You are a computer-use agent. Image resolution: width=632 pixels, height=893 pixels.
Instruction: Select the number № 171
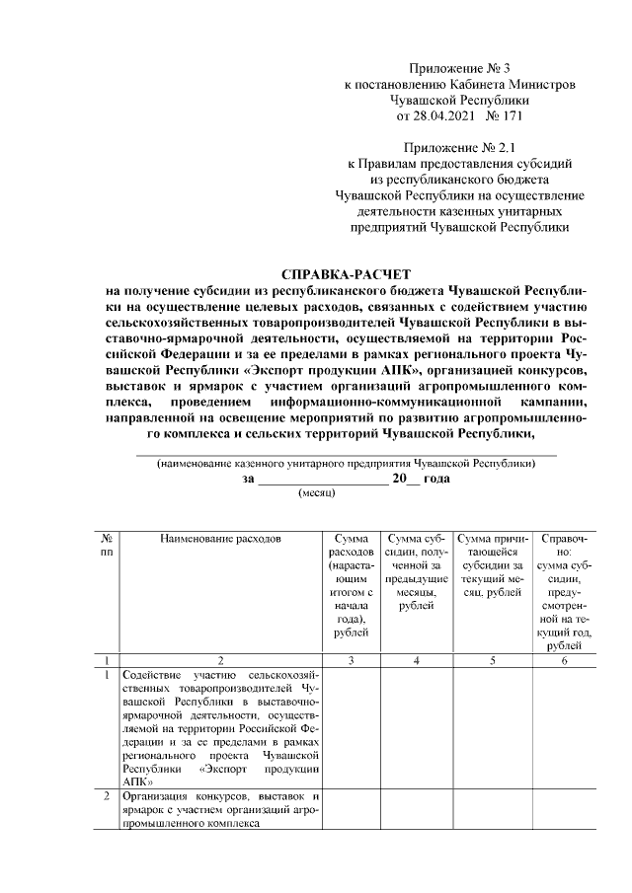click(506, 115)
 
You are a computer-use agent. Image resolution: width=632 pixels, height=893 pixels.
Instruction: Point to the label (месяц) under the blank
click(318, 490)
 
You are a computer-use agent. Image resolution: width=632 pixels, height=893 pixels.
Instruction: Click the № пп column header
click(106, 546)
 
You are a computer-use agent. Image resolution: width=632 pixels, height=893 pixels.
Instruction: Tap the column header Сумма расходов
click(353, 546)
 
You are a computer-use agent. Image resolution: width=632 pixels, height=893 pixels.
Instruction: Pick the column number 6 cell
click(564, 659)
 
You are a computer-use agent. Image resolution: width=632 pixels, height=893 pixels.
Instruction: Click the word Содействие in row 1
click(153, 675)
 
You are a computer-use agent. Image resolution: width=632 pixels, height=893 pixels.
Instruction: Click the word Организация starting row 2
click(158, 796)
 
